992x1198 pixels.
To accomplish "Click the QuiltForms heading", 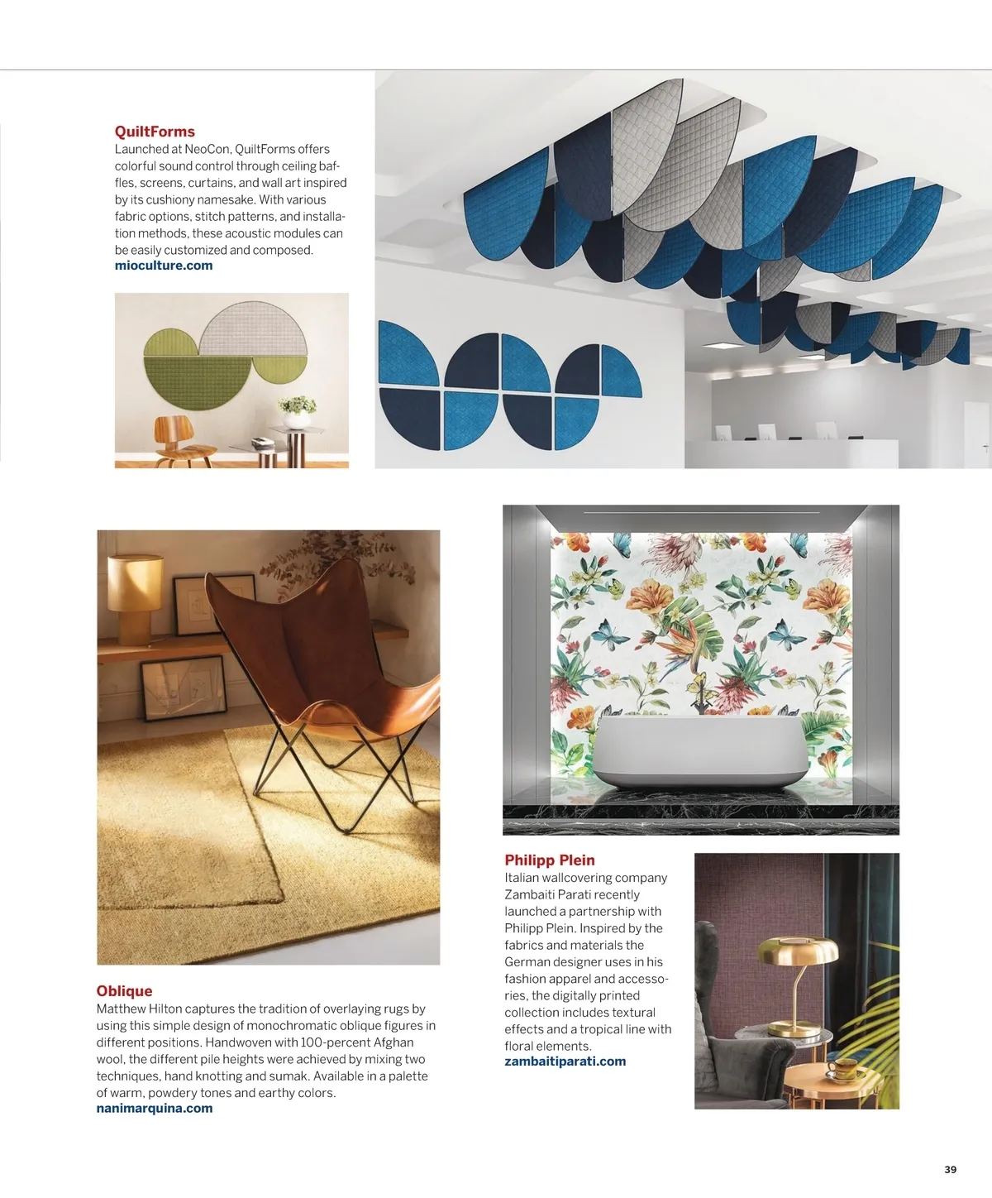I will [x=155, y=132].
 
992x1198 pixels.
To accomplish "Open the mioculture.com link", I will [x=164, y=266].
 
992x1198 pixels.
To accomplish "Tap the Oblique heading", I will [x=124, y=991].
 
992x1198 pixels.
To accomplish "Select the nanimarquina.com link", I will [x=155, y=1109].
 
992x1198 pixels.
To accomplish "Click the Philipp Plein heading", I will [x=550, y=860].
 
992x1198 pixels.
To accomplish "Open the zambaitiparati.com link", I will [x=565, y=1061].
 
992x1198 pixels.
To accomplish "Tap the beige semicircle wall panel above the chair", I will [x=253, y=331].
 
